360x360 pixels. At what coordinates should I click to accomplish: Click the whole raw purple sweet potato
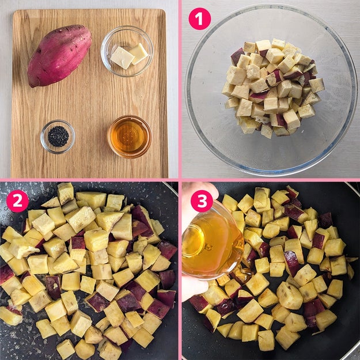point(59,56)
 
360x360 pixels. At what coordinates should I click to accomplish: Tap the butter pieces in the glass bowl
point(129,56)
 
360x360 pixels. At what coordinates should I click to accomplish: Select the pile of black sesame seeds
point(58,137)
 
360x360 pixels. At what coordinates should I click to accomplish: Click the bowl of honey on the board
point(130,137)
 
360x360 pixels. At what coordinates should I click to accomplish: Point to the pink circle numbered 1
point(199,19)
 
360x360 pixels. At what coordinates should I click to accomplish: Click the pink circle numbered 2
point(17,201)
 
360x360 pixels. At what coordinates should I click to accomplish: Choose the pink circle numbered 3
point(202,201)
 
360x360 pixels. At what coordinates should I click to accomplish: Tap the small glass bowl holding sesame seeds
point(58,137)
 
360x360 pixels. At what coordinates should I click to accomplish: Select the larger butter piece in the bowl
point(122,58)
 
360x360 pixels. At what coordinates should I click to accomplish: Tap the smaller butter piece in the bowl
point(138,53)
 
